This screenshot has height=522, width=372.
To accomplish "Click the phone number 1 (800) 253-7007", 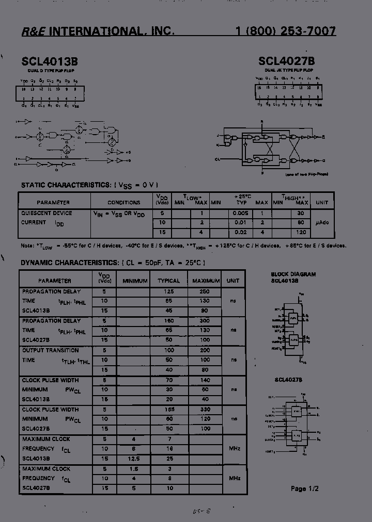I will click(x=285, y=31).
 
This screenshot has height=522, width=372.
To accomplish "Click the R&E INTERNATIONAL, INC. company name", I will click(x=98, y=31).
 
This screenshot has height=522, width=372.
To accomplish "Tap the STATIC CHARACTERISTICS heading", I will click(x=65, y=185).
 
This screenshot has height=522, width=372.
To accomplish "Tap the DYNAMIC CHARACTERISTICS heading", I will click(x=70, y=263).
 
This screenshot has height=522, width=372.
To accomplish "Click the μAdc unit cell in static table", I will click(x=322, y=222).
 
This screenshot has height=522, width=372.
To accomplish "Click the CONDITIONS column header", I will click(x=123, y=203).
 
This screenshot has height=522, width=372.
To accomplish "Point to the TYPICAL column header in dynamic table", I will click(x=168, y=281).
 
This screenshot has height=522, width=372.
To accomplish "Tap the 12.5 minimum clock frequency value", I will click(x=134, y=458).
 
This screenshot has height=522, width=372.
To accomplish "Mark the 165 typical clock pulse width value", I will click(x=168, y=409).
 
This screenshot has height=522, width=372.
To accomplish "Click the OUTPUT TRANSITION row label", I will click(x=50, y=350).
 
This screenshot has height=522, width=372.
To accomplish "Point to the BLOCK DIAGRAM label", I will click(x=293, y=274).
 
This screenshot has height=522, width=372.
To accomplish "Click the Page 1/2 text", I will click(x=305, y=488).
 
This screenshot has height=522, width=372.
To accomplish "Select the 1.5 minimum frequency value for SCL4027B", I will click(x=134, y=468).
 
